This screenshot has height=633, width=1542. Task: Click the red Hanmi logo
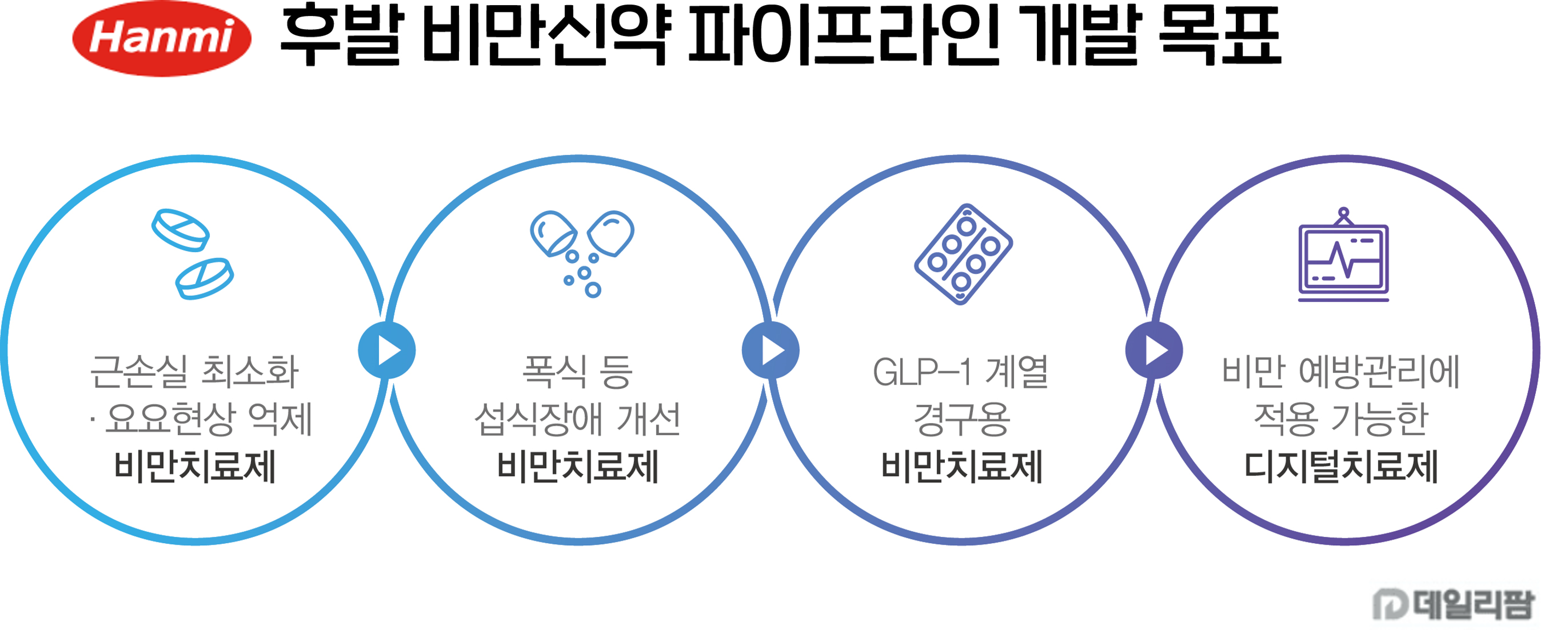[x=162, y=38]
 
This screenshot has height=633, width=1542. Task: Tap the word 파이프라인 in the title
[x=845, y=35]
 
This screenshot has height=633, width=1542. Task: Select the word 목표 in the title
[x=1220, y=35]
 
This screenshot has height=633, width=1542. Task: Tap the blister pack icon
[x=963, y=254]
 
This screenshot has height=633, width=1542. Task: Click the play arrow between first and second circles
[x=387, y=350]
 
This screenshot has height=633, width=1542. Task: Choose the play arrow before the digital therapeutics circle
[x=1154, y=350]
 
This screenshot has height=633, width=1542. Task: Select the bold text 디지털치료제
[x=1341, y=467]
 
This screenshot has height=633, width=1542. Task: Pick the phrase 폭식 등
[x=577, y=371]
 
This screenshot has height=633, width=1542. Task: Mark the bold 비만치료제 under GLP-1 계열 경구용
[x=962, y=467]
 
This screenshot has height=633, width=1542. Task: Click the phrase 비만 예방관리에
[x=1341, y=371]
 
